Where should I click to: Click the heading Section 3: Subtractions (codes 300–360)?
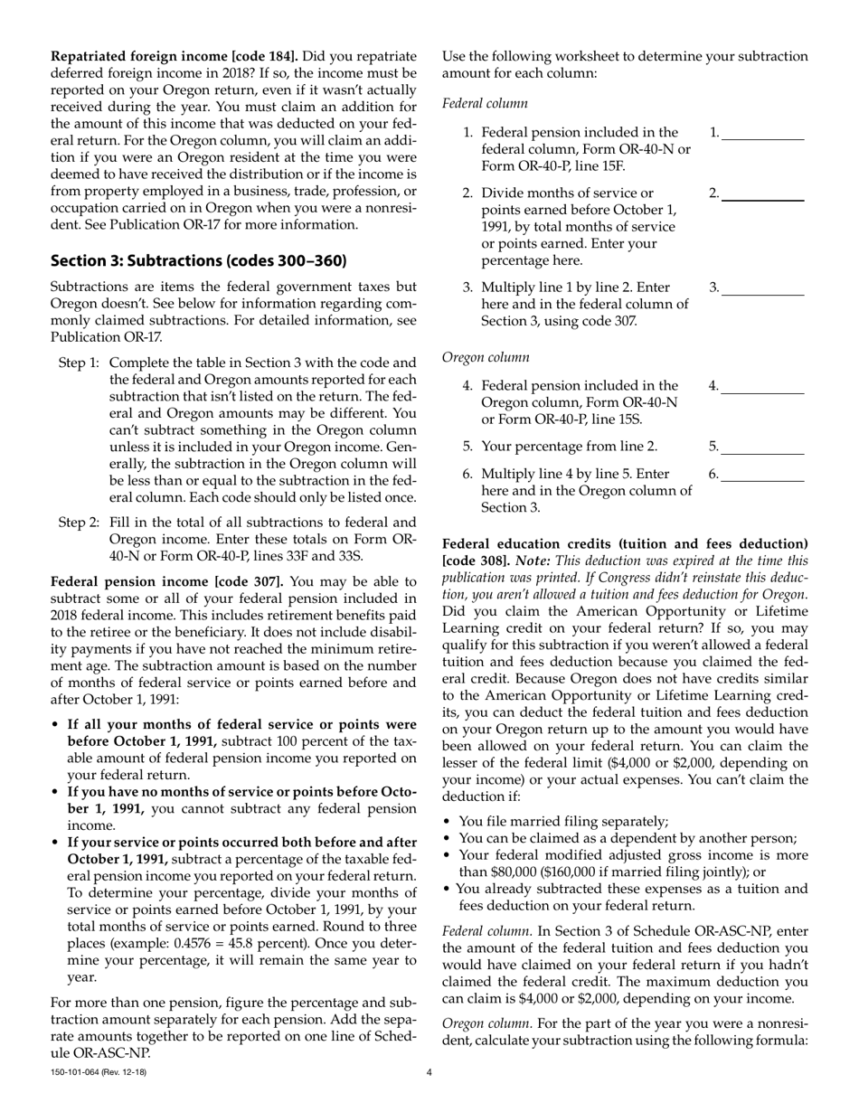[198, 261]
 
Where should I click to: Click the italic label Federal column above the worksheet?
[485, 104]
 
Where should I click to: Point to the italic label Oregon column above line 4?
[486, 357]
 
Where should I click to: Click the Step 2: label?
[79, 523]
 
